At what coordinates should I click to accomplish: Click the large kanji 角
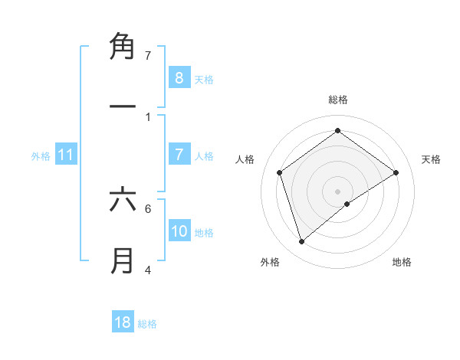pos(123,47)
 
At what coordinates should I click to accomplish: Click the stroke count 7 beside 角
pos(148,55)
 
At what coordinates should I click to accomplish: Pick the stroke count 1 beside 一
pos(148,117)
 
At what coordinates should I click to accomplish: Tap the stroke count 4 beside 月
pos(148,270)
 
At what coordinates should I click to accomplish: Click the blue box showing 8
pos(179,77)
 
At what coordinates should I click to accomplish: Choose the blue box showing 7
pos(179,155)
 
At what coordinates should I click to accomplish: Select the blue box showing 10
pos(179,231)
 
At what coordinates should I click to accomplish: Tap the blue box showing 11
pos(66,155)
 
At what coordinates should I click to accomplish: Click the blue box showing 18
pos(123,322)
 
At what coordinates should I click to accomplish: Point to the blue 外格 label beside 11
pos(41,156)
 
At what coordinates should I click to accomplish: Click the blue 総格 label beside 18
pos(147,324)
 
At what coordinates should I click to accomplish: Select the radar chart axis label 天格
pos(431,159)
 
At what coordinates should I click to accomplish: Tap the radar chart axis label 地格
pos(402,262)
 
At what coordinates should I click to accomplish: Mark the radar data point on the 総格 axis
pos(337,130)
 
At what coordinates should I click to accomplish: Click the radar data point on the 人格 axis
pos(280,172)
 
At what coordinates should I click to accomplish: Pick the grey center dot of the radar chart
pos(337,191)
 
